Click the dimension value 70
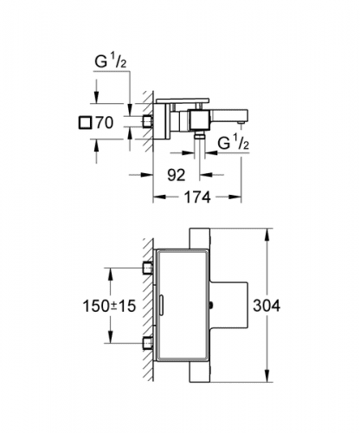105,123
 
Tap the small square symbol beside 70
85,122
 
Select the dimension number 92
177,175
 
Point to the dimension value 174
197,197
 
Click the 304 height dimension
267,306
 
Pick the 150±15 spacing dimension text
109,306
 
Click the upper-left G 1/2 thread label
111,61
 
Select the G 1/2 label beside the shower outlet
233,143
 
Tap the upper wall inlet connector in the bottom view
148,268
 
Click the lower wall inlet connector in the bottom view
148,343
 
